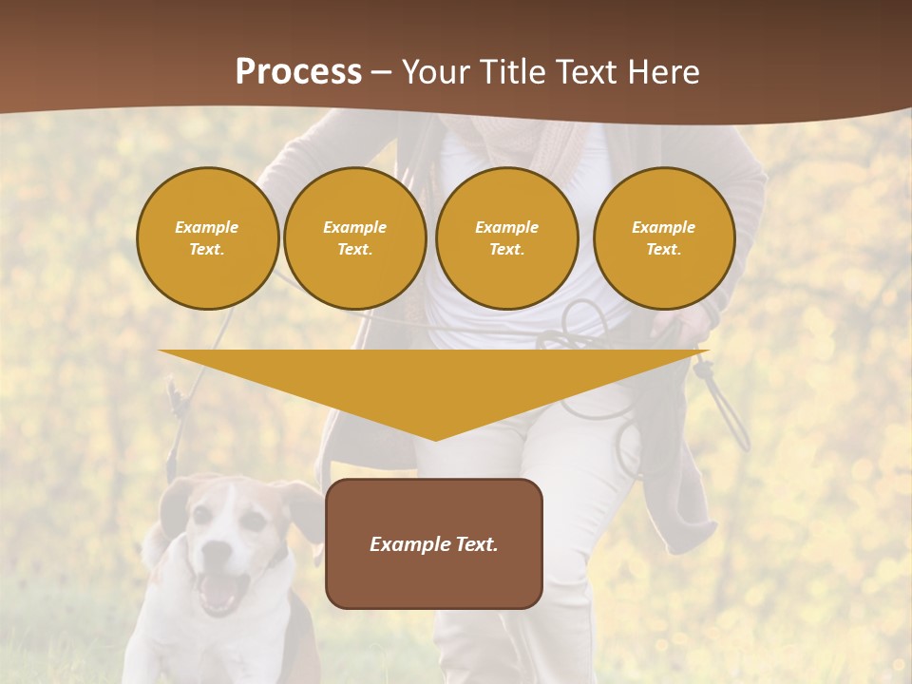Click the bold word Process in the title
[298, 72]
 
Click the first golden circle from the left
[207, 238]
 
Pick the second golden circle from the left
[354, 238]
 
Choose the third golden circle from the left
[506, 238]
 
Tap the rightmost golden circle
[663, 238]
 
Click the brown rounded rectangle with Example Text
[433, 543]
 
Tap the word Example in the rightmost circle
[663, 227]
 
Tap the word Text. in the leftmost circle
[207, 250]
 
